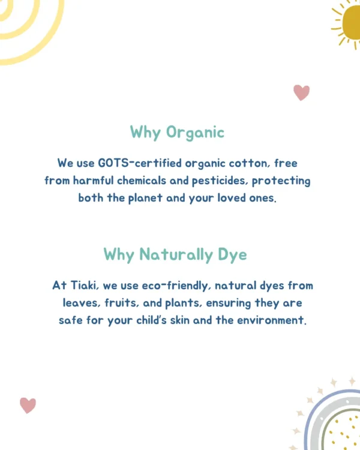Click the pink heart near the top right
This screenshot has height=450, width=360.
pos(301,92)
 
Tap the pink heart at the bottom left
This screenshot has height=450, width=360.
pos(28,406)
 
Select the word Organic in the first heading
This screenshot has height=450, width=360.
pos(195,133)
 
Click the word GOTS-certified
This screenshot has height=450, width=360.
pos(140,163)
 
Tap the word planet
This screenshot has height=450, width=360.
pos(145,199)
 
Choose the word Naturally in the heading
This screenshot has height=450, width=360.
pos(176,255)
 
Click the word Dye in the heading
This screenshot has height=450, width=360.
pos(232,255)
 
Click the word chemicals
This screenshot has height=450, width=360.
pos(142,181)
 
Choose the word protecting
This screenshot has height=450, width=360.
pos(281,181)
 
